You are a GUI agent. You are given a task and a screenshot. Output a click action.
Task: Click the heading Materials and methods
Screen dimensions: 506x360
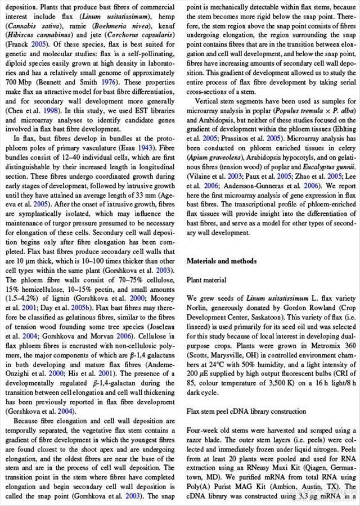point(222,261)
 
